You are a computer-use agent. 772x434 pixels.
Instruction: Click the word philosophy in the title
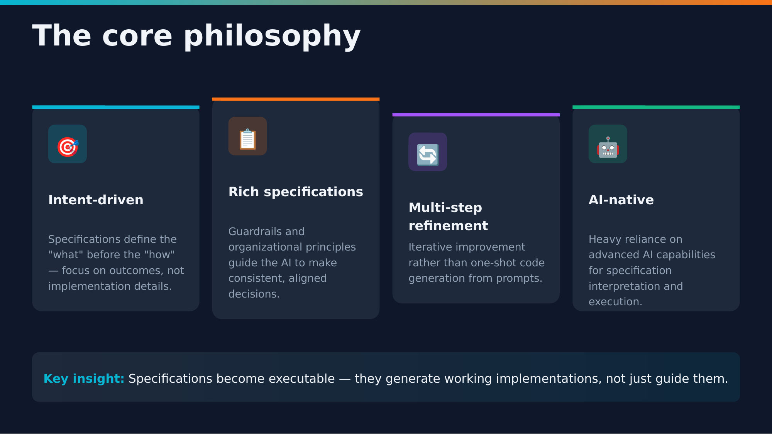tap(272, 36)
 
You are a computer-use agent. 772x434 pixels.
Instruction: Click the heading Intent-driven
tap(96, 200)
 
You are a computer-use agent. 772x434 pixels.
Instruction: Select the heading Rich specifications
tap(296, 192)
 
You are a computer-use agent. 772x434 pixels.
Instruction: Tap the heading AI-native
tap(621, 200)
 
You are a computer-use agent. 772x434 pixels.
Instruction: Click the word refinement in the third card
tap(448, 226)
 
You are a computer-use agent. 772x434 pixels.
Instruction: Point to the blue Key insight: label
tap(84, 379)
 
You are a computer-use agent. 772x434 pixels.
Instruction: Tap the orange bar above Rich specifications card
tap(296, 99)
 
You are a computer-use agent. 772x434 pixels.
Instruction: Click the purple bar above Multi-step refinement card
tap(476, 115)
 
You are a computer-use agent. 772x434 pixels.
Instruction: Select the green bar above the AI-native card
tap(656, 107)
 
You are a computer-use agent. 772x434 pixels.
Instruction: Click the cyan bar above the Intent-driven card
tap(116, 107)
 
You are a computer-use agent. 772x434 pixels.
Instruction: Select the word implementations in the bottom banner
tap(548, 379)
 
